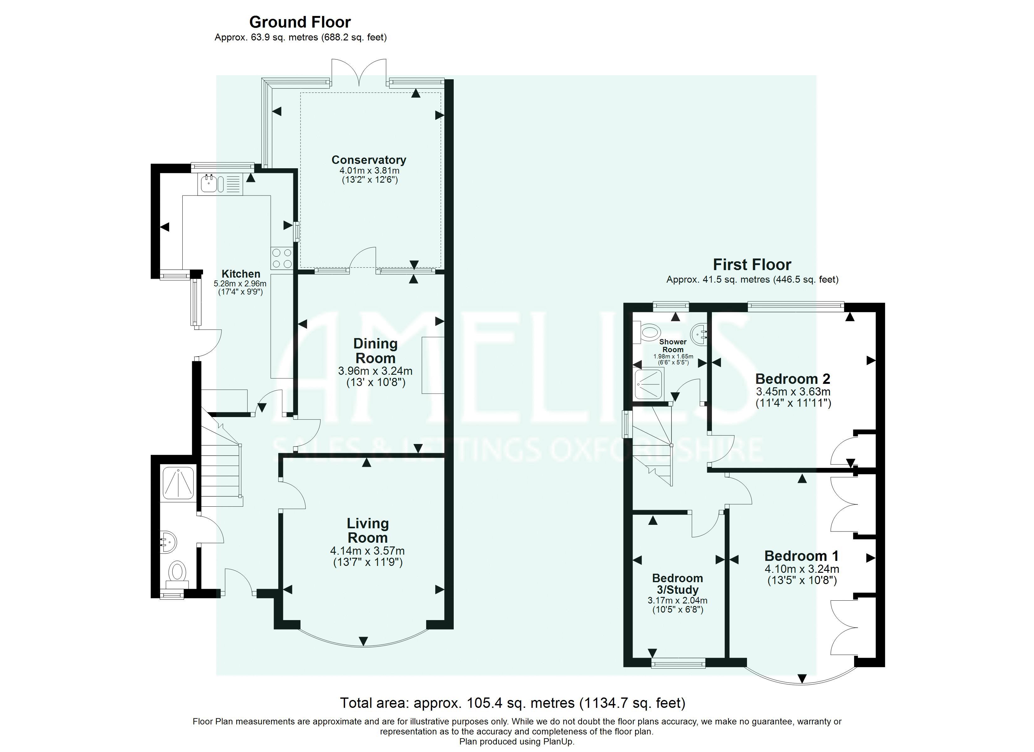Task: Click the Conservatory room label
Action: (368, 160)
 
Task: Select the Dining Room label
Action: (376, 351)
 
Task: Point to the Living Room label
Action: (368, 530)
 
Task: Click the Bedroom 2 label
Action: (792, 379)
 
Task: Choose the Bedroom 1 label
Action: (801, 556)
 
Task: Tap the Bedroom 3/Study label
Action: (677, 584)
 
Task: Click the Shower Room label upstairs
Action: (673, 346)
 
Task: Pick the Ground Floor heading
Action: (300, 22)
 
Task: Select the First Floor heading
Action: (752, 264)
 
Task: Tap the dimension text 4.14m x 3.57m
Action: (368, 551)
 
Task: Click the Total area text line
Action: (512, 703)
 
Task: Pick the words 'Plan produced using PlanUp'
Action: (517, 742)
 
